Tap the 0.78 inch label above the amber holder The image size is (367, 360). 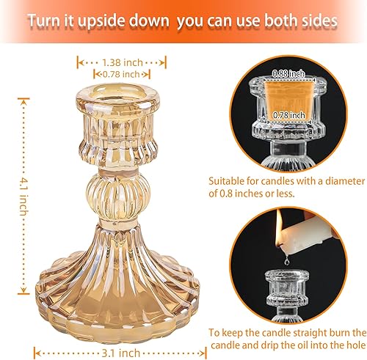(121, 75)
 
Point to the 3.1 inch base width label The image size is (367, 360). (120, 331)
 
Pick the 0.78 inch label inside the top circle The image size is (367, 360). (287, 114)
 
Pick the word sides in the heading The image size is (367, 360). (319, 21)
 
